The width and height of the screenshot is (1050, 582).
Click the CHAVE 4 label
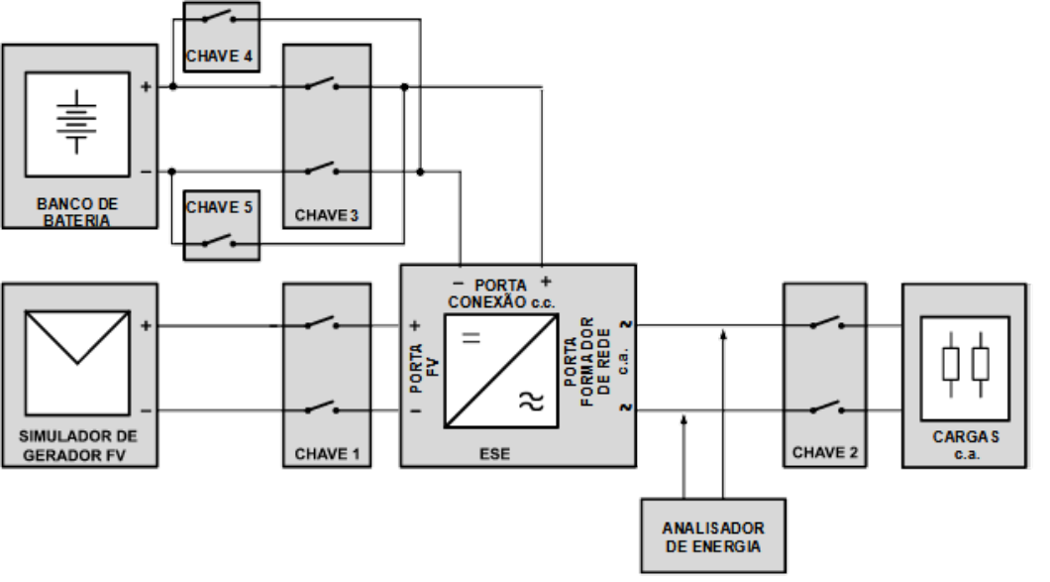point(219,57)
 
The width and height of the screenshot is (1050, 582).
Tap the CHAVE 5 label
point(219,207)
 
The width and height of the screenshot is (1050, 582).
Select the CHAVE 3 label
point(327,215)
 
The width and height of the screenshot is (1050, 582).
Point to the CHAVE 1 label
point(327,454)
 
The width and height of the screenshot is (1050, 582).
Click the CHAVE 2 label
point(825,452)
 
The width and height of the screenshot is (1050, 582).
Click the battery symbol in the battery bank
point(76,122)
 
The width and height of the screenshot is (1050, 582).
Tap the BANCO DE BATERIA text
point(77,212)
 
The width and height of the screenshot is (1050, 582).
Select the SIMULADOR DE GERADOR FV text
point(77,446)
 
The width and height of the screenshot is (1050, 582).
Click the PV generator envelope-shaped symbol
point(77,363)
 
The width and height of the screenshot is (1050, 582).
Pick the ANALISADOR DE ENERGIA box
point(713,535)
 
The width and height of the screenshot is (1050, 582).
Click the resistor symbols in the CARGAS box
point(965,364)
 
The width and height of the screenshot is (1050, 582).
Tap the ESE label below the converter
point(495,454)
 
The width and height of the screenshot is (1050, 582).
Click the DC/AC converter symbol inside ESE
point(501,371)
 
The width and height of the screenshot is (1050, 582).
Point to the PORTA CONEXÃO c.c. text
point(501,293)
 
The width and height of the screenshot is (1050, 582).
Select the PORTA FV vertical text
point(424,368)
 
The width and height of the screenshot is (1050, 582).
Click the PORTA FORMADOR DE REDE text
point(587,362)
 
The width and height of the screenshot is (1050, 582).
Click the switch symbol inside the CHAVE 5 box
point(220,241)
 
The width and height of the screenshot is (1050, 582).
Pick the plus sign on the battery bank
point(146,86)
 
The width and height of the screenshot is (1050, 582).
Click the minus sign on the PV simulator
point(146,410)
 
